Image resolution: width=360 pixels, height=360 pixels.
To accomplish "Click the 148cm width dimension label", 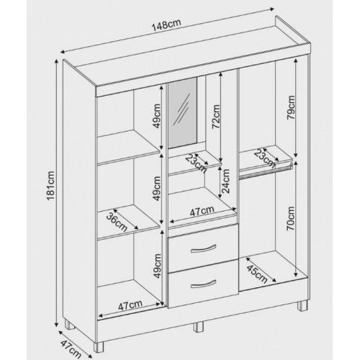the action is coord(166,24).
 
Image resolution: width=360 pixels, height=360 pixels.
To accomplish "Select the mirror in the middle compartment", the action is coord(182,112).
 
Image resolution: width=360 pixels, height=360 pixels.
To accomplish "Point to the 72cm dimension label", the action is coord(216,117).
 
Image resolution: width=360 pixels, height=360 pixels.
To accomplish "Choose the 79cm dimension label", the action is coord(291,107).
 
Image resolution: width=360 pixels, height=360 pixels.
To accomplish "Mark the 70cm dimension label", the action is coord(291,218).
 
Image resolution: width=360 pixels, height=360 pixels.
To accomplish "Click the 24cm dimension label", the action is coord(225,181).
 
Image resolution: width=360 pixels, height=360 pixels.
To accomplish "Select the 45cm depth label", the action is coord(257,274).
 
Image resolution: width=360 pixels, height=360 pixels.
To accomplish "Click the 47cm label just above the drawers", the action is coord(202,211).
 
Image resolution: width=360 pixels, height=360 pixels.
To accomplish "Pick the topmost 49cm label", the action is coord(157,116).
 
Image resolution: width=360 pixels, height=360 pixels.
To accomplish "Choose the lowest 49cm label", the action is coord(157,266).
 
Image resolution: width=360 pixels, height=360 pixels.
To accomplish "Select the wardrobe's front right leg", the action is coord(302,306).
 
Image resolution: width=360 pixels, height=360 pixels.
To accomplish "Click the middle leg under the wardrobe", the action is coord(198,327).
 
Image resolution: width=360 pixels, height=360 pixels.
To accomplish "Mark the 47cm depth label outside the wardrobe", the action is coord(71,347).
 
